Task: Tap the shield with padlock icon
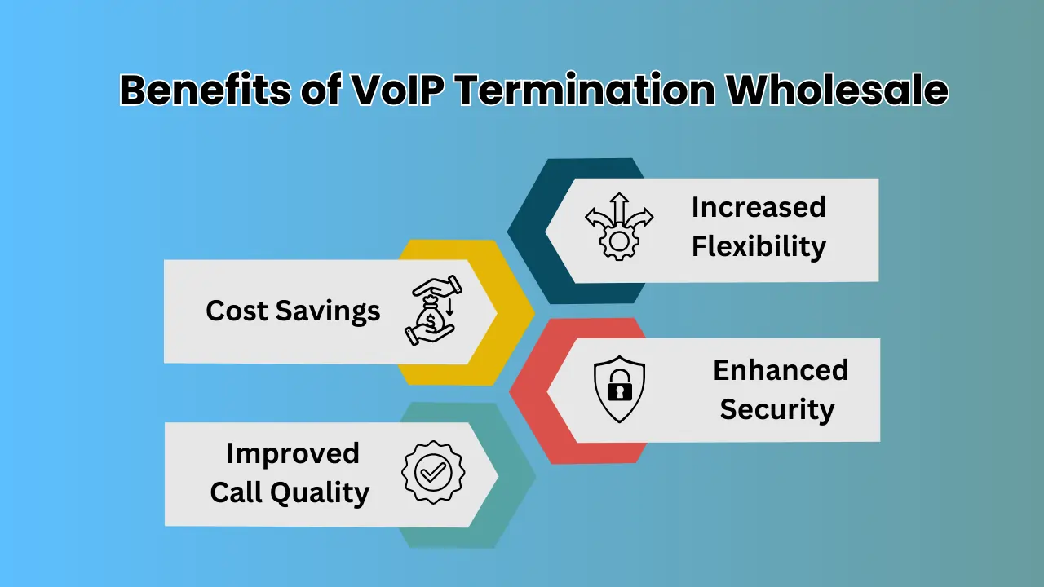[x=619, y=390]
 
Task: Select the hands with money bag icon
[x=430, y=311]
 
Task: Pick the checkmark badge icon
[x=433, y=472]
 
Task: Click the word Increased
[x=759, y=207]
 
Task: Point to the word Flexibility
[x=759, y=246]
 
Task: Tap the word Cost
[x=236, y=311]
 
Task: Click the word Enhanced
[x=781, y=370]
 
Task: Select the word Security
[x=776, y=409]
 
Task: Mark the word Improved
[x=292, y=453]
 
